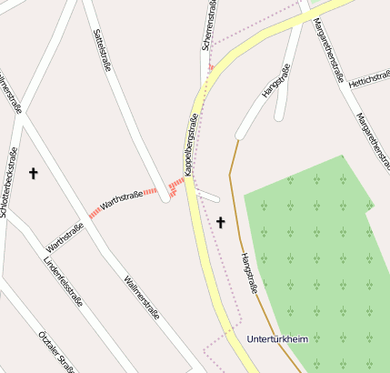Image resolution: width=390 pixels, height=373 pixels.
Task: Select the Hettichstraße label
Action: click(369, 81)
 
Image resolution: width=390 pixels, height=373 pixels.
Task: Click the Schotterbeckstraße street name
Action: click(10, 182)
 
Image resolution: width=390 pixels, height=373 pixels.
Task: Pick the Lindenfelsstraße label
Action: click(62, 281)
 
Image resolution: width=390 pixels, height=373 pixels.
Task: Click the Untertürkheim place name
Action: click(277, 339)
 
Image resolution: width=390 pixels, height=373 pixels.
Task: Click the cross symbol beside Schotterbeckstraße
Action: click(35, 172)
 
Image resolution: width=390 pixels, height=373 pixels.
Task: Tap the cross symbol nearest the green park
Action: click(220, 221)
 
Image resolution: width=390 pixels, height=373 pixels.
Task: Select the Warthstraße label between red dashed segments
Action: click(121, 200)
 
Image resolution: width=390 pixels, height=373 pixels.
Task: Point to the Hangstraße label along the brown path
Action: click(247, 272)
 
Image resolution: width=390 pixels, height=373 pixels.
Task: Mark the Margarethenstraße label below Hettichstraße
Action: click(371, 136)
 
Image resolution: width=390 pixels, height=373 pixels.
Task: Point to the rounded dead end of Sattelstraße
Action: click(165, 197)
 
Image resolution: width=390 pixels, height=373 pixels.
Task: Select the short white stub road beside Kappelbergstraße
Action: click(208, 196)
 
